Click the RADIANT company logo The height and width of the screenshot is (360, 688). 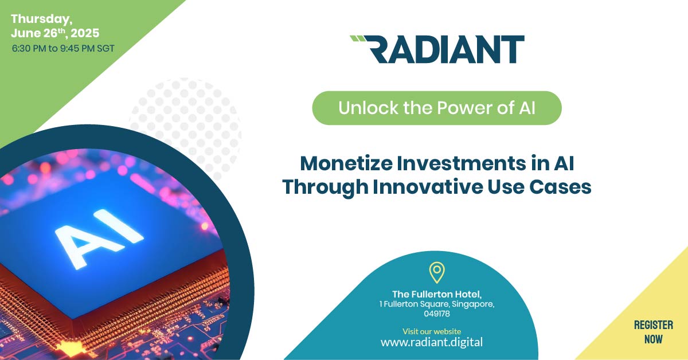coord(437,49)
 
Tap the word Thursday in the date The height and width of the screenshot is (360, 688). coord(42,19)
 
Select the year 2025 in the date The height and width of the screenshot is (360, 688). coord(85,33)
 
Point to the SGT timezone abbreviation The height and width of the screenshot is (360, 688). coord(105,49)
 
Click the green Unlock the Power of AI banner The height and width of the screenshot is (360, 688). coord(437,108)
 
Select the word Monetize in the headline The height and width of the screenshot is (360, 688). coord(346,163)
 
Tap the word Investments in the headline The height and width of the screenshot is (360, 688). coord(462,163)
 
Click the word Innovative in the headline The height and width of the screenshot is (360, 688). coord(428,187)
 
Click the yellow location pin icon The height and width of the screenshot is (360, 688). coord(437,272)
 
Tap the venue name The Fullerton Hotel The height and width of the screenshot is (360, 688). coord(437,294)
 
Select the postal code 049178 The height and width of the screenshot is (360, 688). coord(437,314)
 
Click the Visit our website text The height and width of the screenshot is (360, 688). coord(432,331)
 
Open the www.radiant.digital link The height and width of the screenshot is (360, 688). coord(432,342)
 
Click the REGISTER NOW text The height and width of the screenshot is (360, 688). coord(653,332)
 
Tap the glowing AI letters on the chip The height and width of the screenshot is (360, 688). coord(99,237)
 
